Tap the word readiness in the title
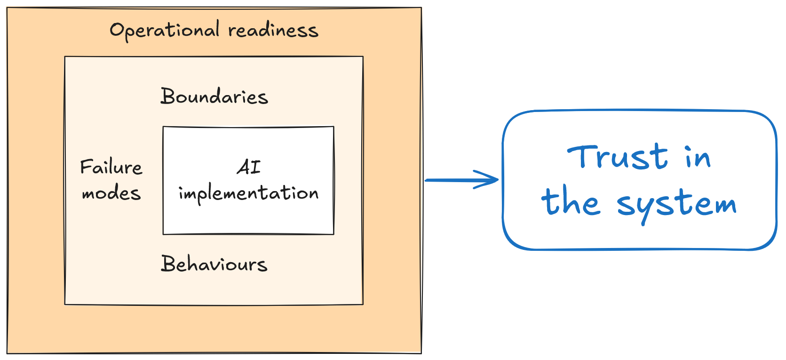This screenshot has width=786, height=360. [x=273, y=30]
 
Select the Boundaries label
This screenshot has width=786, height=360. [x=214, y=96]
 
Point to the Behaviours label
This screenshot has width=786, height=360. [x=214, y=264]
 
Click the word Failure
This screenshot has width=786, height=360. [x=111, y=167]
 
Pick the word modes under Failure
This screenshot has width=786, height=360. [x=111, y=193]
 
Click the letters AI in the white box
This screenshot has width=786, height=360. [x=249, y=167]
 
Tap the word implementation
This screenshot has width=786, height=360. [x=248, y=193]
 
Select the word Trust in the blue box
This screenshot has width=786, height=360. [x=617, y=157]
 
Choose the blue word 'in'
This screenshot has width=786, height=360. [x=698, y=157]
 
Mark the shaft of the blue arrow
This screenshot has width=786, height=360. [x=461, y=180]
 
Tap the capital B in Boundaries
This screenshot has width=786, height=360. [x=168, y=96]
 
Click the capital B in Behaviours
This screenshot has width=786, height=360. [x=168, y=264]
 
